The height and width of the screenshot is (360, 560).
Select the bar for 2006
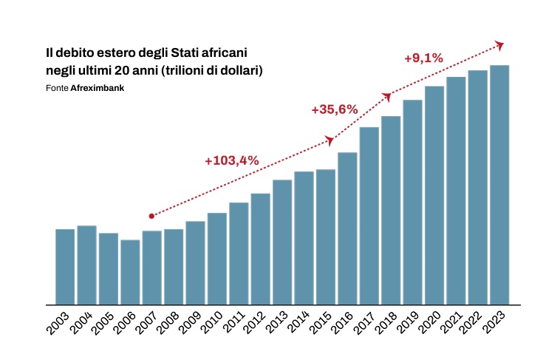(x=130, y=272)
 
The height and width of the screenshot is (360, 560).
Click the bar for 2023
(x=499, y=185)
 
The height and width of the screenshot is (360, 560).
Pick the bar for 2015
(x=326, y=237)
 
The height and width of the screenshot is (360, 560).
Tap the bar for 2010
(x=217, y=259)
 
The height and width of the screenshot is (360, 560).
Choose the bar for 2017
(x=369, y=216)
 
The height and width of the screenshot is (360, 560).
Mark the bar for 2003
(x=65, y=267)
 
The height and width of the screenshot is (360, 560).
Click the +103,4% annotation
(x=232, y=161)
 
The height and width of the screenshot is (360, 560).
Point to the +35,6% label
(x=335, y=109)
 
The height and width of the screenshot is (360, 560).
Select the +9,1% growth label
(x=423, y=58)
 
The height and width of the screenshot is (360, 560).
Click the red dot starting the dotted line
(x=151, y=216)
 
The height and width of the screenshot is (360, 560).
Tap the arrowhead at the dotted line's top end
(x=499, y=46)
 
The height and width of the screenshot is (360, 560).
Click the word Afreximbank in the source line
(x=97, y=88)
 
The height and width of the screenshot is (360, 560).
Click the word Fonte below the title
(x=57, y=88)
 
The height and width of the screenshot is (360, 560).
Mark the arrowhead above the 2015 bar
(x=329, y=140)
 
